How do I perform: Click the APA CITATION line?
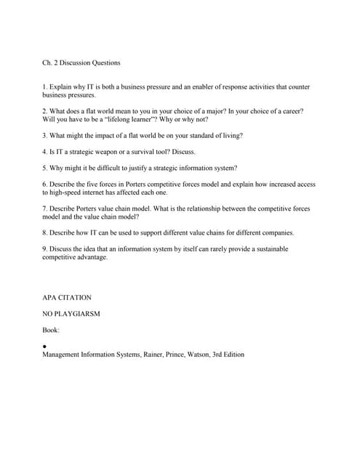tap(67, 298)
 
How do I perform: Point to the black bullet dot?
tap(45, 346)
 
